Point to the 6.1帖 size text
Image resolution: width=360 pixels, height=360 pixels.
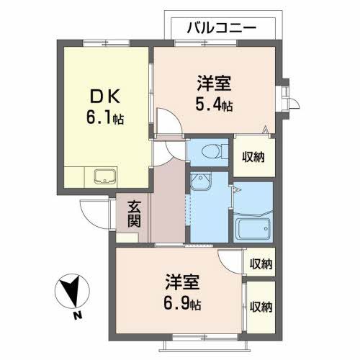click(105, 117)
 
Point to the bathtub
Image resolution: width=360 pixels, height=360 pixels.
click(254, 230)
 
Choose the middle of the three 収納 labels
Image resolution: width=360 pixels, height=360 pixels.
click(261, 264)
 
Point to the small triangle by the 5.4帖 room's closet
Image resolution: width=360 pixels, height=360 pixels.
click(266, 130)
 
